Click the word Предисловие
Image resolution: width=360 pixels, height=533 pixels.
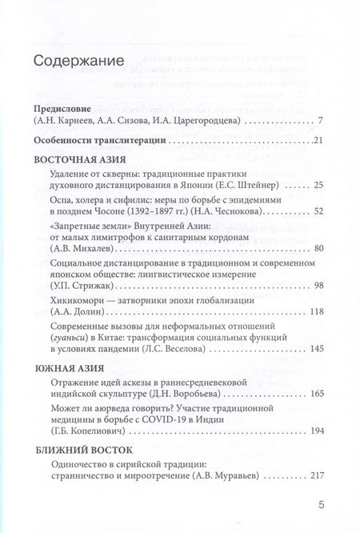pos(64,107)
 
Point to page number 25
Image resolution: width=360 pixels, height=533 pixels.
pos(318,186)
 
